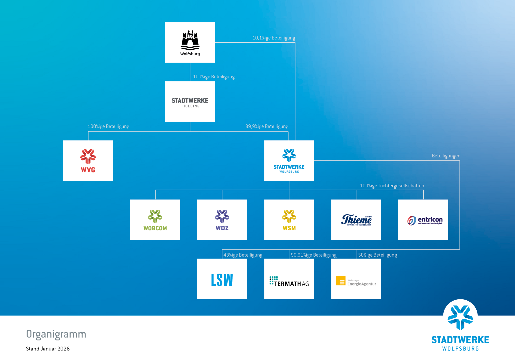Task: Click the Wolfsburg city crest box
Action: [190, 43]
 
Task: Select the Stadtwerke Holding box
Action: [190, 102]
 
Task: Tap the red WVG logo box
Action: [88, 160]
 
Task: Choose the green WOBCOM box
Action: [155, 220]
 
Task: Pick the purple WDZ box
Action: [222, 220]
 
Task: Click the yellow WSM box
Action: [289, 220]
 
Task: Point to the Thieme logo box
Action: [356, 220]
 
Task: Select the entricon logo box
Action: [423, 220]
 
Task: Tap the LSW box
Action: [222, 279]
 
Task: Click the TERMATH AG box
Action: [289, 279]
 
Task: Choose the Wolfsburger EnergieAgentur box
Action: [356, 279]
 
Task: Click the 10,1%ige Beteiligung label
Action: [274, 38]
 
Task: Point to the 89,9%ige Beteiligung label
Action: [267, 126]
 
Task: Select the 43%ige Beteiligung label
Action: [243, 255]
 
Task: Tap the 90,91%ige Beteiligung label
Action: [314, 255]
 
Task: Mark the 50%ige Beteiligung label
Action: [377, 255]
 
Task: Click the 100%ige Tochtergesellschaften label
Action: [392, 186]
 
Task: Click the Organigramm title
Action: [56, 334]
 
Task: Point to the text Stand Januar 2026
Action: [48, 349]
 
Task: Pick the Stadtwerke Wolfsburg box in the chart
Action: [289, 160]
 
